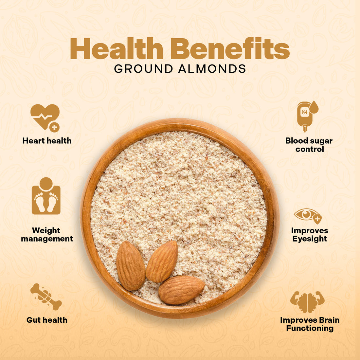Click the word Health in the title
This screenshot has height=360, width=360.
coord(117,49)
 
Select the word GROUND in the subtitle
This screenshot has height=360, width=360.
coord(144,69)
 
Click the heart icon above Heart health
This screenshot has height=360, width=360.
coord(44,116)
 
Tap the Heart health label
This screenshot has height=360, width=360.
coord(47,141)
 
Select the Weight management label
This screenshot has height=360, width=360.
coord(47,235)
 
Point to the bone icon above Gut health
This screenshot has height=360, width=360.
coord(46,297)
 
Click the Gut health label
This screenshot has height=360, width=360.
coord(47,320)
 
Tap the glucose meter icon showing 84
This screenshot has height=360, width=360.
coord(306,115)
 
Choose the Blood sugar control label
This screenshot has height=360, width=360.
coord(309,145)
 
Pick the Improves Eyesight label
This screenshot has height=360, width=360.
coord(310,235)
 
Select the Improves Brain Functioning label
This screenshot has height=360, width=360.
coord(310,324)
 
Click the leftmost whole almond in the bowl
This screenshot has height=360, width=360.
coord(131,266)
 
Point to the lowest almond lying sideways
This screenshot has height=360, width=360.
coord(181,290)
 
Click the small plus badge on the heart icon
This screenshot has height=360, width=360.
coord(54,127)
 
